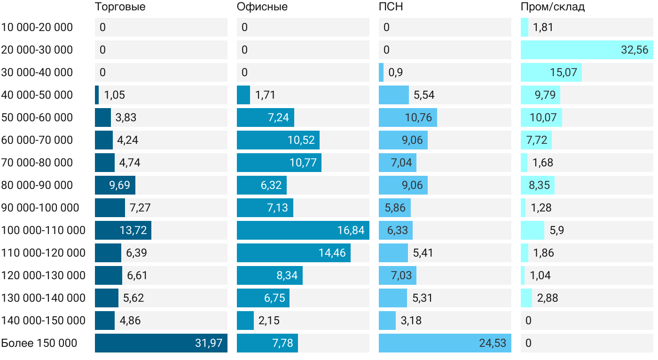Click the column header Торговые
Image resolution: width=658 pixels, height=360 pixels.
coord(120,7)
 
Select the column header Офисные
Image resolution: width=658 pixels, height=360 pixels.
coord(262,7)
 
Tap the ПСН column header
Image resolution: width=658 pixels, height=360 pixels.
coord(391,7)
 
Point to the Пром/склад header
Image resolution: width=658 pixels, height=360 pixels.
coord(552,7)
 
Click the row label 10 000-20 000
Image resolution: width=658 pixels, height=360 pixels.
coord(37,27)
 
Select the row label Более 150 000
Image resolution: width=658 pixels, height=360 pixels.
coord(39,343)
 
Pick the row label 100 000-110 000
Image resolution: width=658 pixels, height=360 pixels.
coord(43,230)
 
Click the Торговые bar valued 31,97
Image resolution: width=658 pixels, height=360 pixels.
coord(161,343)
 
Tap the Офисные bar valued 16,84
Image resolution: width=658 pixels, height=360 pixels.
coord(303,230)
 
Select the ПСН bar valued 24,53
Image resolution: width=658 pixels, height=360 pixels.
coord(445,343)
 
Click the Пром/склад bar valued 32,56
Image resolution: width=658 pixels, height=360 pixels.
coord(587,50)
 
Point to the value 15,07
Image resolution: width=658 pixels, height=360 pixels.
coord(564,72)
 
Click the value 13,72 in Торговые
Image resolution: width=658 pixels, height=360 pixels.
coord(133,230)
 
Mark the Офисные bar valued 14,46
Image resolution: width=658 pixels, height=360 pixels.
coord(293,253)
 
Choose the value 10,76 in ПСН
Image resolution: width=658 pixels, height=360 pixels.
coord(418,117)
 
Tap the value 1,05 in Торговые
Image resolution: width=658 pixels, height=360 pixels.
coord(115,95)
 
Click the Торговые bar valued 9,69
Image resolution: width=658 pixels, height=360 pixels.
coord(115,185)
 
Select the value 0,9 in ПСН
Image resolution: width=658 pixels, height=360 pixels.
coord(396,72)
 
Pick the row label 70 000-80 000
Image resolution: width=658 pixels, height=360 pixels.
coord(37,163)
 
